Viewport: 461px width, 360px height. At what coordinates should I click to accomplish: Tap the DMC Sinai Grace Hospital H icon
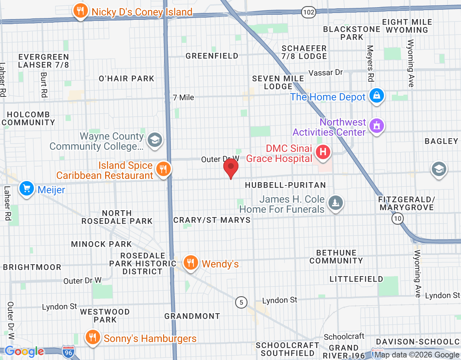point(323,152)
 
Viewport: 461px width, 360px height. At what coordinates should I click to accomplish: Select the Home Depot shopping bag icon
point(377,96)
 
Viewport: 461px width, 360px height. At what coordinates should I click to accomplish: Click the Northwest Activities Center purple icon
point(377,126)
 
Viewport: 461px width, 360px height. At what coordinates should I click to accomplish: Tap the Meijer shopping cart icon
point(27,188)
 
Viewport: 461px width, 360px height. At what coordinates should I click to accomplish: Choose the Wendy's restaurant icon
point(191,263)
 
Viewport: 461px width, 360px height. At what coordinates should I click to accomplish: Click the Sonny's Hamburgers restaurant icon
point(93,337)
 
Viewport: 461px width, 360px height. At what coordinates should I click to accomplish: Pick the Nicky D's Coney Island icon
point(81,11)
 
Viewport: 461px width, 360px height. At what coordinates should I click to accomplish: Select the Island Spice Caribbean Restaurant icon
point(164,169)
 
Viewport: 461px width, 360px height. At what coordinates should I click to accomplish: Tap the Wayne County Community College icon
point(155,140)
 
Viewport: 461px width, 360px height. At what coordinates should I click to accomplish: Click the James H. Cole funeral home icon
point(336,203)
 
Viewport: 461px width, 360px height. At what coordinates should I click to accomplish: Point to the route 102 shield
point(309,12)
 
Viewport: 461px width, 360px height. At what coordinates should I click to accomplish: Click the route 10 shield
point(398,219)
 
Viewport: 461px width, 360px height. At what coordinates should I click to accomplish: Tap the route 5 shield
point(241,302)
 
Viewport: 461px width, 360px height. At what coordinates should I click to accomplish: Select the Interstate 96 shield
point(68,352)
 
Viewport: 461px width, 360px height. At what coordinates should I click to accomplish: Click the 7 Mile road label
point(183,98)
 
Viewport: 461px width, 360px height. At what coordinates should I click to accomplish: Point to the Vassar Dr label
point(326,73)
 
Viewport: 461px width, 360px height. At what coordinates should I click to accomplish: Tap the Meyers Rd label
point(370,63)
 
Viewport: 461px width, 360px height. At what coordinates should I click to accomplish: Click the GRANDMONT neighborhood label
point(192,316)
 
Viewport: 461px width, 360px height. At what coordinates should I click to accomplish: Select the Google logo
point(24,352)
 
